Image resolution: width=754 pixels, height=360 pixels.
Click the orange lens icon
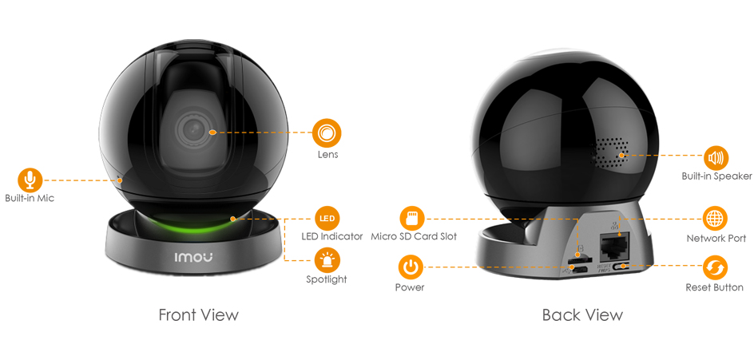coord(327,133)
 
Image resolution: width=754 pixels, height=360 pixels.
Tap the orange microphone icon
coord(30,180)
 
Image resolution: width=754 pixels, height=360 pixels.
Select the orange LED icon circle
coord(327,219)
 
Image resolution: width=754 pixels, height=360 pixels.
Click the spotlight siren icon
coord(327,260)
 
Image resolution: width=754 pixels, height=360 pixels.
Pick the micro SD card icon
coord(412,219)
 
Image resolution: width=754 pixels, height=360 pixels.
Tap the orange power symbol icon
coord(411,267)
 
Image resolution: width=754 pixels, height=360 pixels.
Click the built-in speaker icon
coord(716,158)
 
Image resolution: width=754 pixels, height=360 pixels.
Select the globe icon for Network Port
coord(715,219)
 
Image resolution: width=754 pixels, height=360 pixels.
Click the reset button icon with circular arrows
coord(715,267)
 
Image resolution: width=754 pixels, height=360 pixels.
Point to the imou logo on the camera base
coord(192,258)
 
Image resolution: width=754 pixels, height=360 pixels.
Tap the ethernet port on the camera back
coord(615,246)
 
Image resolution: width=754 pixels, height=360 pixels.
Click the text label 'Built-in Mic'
coord(30,198)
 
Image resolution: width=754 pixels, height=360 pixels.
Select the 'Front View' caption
coord(198,315)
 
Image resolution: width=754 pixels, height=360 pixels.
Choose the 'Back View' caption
coord(582,315)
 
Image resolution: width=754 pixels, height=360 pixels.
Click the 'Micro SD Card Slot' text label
coord(414,236)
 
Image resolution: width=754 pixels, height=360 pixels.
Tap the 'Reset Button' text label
coord(715,287)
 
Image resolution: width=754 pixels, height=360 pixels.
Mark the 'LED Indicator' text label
coord(331,236)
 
